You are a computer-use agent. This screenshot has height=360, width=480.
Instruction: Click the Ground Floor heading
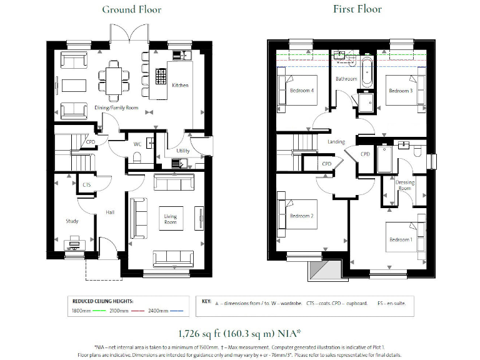click(132, 9)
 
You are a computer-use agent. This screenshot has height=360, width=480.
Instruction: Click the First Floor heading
click(357, 9)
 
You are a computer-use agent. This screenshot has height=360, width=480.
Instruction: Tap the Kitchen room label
click(181, 85)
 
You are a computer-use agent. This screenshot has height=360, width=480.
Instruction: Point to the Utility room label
click(183, 151)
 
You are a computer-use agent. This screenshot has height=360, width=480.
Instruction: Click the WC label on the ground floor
click(137, 144)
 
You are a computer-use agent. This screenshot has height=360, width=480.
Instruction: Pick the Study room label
click(72, 221)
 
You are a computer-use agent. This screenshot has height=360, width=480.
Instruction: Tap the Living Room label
click(170, 219)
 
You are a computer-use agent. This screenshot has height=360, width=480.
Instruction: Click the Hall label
click(110, 212)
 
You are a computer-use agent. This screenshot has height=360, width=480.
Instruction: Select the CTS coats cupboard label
click(87, 184)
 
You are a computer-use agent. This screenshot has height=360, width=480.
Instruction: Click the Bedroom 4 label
click(302, 91)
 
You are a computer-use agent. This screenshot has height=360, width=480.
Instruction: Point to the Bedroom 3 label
click(400, 91)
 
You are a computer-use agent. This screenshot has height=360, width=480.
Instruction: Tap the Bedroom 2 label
click(302, 216)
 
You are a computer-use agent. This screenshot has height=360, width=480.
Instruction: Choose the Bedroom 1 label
click(401, 240)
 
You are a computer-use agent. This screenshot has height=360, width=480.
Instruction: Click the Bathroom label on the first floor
click(346, 79)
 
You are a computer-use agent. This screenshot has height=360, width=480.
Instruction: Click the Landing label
click(336, 142)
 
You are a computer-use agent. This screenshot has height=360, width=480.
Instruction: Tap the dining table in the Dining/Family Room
click(114, 79)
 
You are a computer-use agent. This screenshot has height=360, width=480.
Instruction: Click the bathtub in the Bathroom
click(367, 71)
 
